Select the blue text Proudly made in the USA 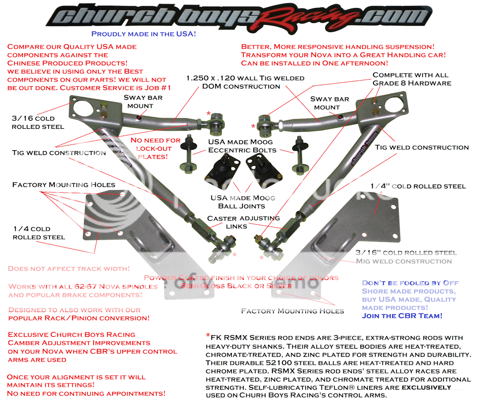click(144, 34)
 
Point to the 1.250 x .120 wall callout click(245, 78)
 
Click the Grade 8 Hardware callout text click(411, 83)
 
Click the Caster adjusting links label click(243, 222)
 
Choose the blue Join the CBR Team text click(402, 316)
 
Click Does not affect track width click(69, 269)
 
